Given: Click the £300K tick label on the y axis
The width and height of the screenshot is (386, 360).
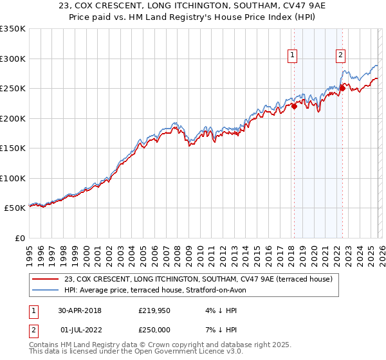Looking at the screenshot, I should tap(12, 59).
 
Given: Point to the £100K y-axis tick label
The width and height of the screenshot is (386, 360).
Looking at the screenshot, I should tap(12, 178).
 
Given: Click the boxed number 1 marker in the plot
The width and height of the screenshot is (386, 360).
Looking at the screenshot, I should tap(293, 56).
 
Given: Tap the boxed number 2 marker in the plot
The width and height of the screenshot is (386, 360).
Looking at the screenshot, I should tap(340, 56).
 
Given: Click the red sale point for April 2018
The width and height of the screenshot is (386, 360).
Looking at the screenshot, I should tap(294, 107).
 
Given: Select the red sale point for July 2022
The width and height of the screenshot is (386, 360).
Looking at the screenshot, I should tap(342, 89).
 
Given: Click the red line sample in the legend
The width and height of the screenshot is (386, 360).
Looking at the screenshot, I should tap(46, 279).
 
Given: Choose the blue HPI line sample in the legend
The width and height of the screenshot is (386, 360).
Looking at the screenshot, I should tap(46, 290).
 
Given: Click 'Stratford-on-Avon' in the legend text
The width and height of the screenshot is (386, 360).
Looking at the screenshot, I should tap(210, 290).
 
